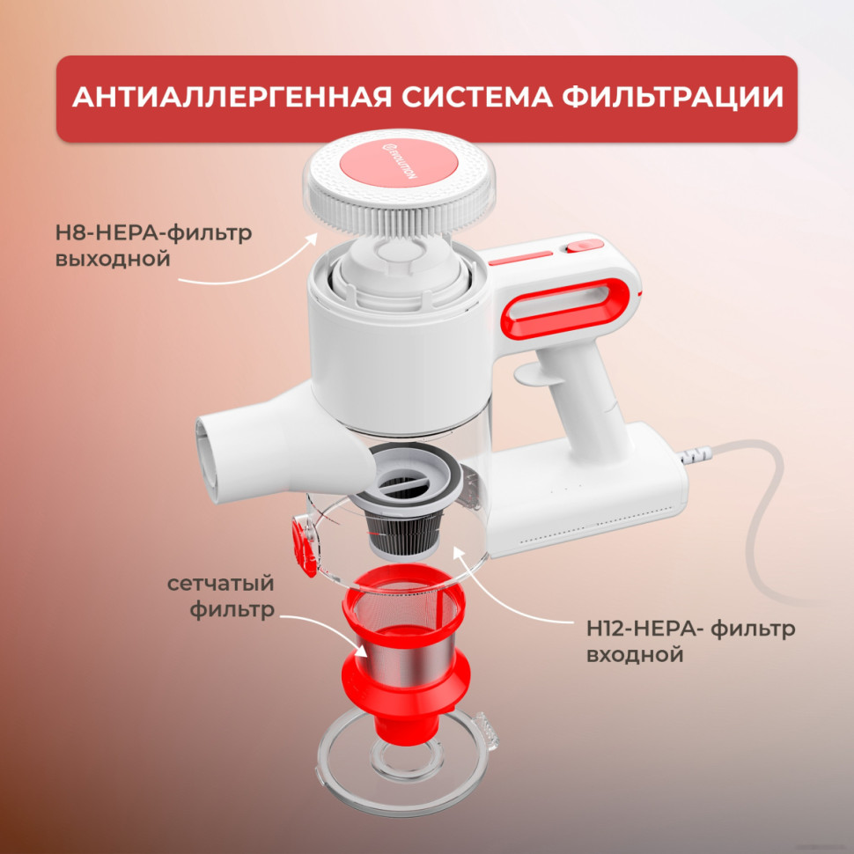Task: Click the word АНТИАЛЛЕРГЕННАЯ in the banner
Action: click(x=227, y=98)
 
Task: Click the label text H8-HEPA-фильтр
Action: click(x=153, y=234)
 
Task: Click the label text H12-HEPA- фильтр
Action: click(x=690, y=629)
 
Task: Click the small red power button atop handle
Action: click(x=578, y=249)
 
